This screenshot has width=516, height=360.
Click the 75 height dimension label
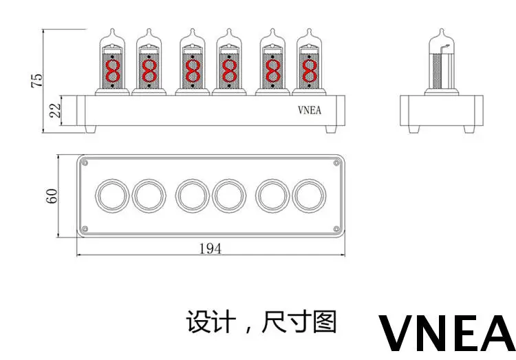(x=37, y=80)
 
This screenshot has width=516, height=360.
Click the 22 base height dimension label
(x=55, y=110)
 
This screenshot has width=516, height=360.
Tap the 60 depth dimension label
(x=52, y=196)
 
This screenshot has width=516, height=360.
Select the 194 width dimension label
(x=211, y=248)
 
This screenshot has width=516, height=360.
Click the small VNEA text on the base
(x=310, y=110)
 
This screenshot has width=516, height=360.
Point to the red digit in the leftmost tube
(x=113, y=71)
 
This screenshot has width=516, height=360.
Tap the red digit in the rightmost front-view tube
(x=310, y=71)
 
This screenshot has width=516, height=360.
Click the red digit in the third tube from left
(x=193, y=71)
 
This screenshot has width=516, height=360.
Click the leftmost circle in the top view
(x=112, y=195)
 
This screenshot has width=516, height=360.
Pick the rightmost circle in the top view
(x=309, y=195)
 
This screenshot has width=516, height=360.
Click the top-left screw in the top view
(x=85, y=162)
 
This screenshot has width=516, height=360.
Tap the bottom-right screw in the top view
(x=336, y=229)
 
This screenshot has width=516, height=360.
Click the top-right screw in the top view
(x=336, y=162)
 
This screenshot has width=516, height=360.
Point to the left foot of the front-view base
(x=91, y=129)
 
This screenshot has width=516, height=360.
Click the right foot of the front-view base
(x=332, y=129)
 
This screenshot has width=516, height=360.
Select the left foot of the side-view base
(x=414, y=129)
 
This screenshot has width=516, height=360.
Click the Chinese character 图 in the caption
(x=325, y=321)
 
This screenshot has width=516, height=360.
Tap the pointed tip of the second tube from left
(x=149, y=29)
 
